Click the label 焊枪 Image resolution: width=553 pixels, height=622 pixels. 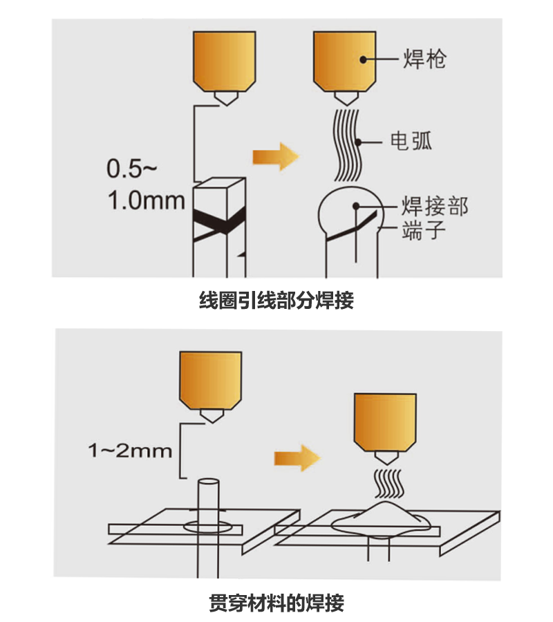424,59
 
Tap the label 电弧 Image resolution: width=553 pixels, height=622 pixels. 411,141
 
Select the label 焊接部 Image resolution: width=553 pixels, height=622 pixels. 435,206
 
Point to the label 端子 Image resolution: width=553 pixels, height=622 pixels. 423,230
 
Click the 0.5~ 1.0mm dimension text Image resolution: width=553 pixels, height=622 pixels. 146,185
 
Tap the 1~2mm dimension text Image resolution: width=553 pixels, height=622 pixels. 130,451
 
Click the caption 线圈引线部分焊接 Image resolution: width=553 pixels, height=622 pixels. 276,300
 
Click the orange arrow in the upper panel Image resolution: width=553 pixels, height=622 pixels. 276,157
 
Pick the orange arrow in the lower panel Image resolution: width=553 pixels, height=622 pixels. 297,458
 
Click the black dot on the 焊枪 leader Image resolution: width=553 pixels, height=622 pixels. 364,59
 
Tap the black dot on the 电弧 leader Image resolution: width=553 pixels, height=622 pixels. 359,142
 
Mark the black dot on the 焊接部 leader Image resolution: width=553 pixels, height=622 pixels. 356,206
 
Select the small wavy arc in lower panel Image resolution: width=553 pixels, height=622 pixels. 389,484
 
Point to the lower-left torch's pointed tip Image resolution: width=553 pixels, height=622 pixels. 212,422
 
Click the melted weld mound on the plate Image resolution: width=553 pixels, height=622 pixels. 381,520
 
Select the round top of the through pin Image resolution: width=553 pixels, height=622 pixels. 208,482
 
